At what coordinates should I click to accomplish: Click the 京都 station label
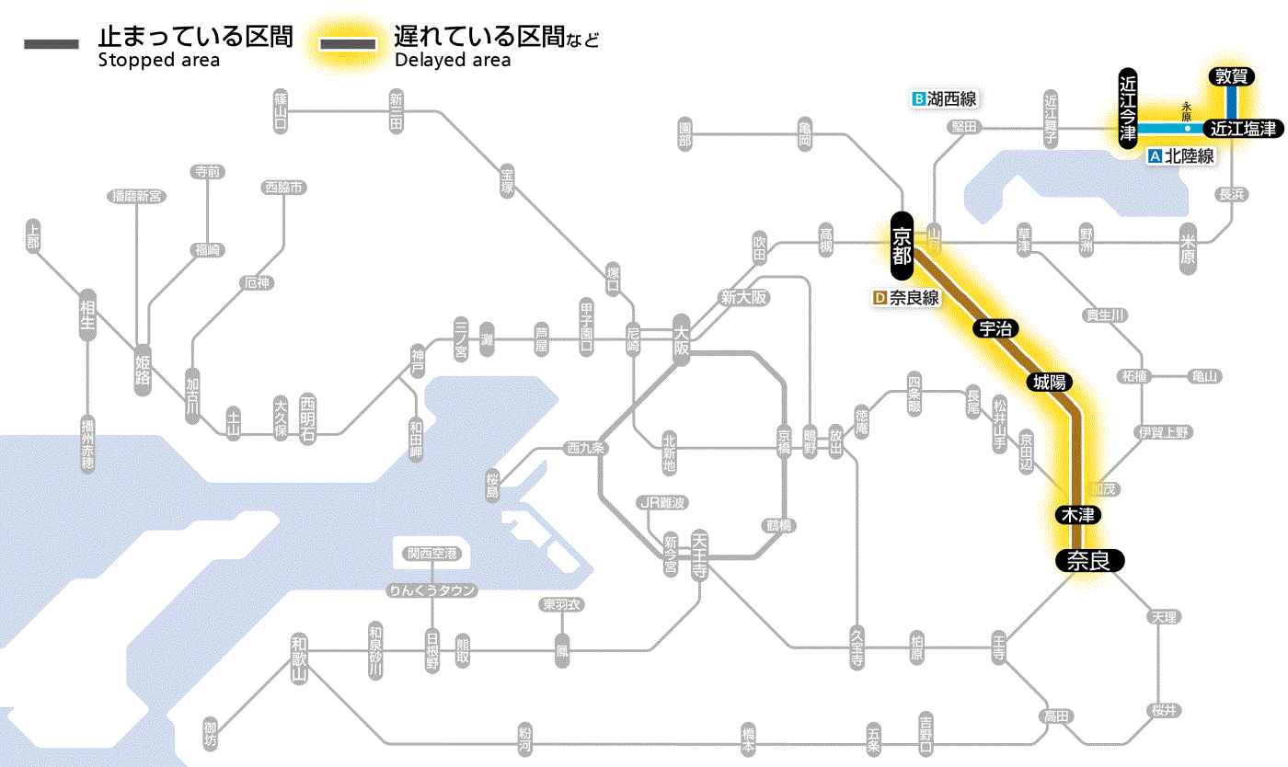(x=902, y=245)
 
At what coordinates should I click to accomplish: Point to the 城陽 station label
(x=1051, y=382)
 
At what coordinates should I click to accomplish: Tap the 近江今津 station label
(x=1128, y=107)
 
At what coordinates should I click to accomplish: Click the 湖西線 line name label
(x=944, y=98)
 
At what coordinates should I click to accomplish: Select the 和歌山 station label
(x=299, y=657)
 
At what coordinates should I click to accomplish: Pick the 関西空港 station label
(x=431, y=554)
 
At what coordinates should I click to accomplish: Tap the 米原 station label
(x=1188, y=248)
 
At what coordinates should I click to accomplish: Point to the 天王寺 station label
(x=699, y=556)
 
